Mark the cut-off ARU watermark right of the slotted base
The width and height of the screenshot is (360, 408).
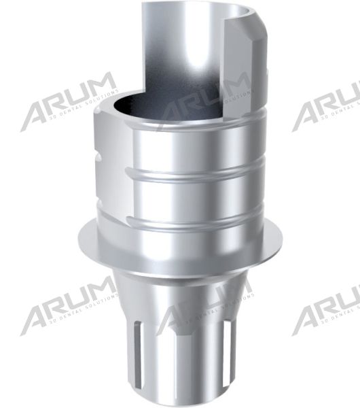click(x=326, y=306)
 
